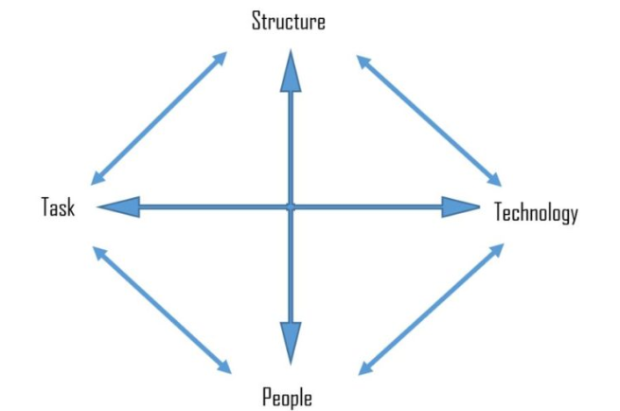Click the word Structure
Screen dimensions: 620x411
tap(289, 21)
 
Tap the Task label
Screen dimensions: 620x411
tap(58, 206)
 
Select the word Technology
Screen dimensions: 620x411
tap(536, 212)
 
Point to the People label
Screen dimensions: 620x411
tap(287, 397)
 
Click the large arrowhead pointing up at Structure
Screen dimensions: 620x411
tap(291, 71)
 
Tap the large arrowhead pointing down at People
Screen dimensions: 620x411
tap(291, 343)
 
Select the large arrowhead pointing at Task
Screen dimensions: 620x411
tap(118, 206)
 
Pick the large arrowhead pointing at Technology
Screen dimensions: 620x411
tap(460, 206)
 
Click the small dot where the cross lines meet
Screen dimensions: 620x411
tap(291, 206)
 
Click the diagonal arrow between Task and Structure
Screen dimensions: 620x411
tap(159, 118)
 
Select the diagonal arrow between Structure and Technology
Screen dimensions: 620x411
tap(429, 120)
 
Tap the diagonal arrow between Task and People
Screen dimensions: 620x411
tap(162, 310)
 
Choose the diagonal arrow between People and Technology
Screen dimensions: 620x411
tap(431, 309)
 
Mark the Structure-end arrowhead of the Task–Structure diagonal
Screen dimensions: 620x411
tap(220, 59)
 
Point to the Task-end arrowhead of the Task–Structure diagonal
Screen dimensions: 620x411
tap(98, 178)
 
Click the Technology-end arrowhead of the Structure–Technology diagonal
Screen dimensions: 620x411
tap(495, 180)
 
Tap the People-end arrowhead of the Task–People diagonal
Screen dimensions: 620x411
tap(224, 366)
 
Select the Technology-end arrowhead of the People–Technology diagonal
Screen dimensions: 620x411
tap(497, 250)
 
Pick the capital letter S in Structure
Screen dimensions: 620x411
tap(257, 21)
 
